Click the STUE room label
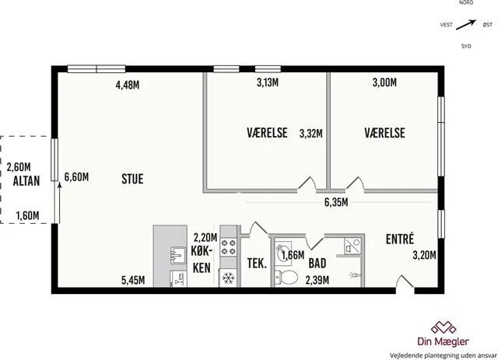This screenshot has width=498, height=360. [132, 179]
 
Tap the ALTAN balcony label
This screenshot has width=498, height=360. [26, 181]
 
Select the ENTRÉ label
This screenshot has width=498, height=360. [400, 239]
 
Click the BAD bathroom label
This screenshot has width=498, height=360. [317, 263]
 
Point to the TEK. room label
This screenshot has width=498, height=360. [257, 263]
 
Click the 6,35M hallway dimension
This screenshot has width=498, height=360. [336, 202]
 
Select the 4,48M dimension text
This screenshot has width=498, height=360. [128, 85]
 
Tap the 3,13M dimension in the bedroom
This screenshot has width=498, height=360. [268, 82]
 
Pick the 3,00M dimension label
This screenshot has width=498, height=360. [384, 82]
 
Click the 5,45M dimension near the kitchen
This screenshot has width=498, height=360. [133, 280]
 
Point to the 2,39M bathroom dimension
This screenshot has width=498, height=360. [317, 280]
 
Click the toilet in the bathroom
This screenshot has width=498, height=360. [286, 278]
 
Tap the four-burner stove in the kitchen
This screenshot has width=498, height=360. [229, 247]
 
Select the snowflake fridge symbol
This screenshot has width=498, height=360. [228, 278]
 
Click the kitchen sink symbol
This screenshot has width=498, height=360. [178, 255]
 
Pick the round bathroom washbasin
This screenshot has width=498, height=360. [283, 252]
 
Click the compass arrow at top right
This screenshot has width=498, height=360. [466, 25]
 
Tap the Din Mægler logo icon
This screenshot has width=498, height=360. [444, 328]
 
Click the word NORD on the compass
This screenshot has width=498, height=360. [466, 2]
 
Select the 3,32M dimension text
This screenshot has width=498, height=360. [311, 134]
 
